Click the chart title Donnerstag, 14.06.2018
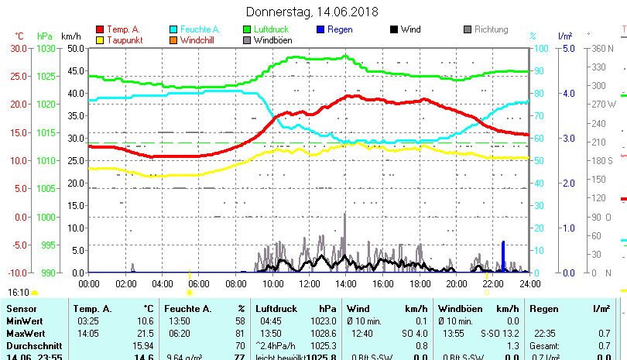click(312, 12)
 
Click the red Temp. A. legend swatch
click(100, 29)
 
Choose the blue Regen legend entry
click(340, 29)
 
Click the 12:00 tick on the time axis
click(309, 283)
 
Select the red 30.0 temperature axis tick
click(18, 48)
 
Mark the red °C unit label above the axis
click(19, 36)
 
